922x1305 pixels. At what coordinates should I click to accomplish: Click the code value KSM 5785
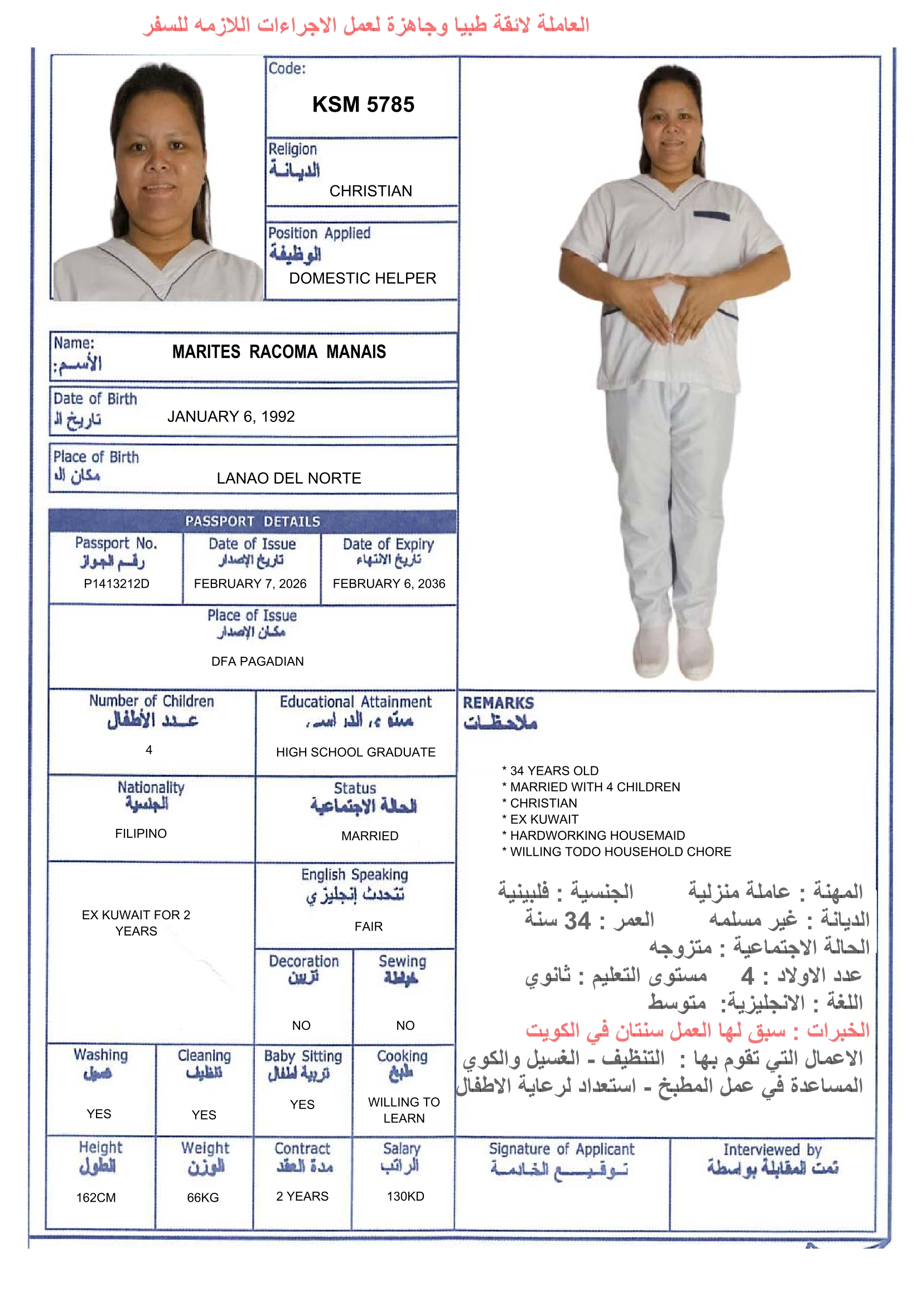pyautogui.click(x=363, y=104)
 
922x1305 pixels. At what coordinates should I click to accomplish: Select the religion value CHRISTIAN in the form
pyautogui.click(x=370, y=191)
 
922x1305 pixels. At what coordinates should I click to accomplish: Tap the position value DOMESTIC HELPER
pyautogui.click(x=363, y=278)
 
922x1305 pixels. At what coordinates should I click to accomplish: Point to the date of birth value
pyautogui.click(x=231, y=416)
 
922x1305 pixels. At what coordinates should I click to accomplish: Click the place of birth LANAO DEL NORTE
pyautogui.click(x=288, y=478)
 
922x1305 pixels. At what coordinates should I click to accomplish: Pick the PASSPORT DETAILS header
pyautogui.click(x=253, y=521)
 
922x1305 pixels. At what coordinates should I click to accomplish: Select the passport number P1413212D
pyautogui.click(x=117, y=584)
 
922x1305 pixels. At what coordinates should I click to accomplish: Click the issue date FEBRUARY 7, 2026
pyautogui.click(x=250, y=584)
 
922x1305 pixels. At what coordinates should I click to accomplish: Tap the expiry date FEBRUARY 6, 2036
pyautogui.click(x=389, y=584)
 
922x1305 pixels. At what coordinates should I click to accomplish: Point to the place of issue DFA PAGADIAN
pyautogui.click(x=257, y=661)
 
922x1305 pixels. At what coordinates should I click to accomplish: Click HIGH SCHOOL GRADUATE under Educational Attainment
pyautogui.click(x=356, y=752)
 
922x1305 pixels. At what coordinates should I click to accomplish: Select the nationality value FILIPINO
pyautogui.click(x=141, y=833)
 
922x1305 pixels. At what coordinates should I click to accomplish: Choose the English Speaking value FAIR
pyautogui.click(x=369, y=927)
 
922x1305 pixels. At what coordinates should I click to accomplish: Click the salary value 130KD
pyautogui.click(x=405, y=1197)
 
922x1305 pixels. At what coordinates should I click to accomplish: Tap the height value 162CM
pyautogui.click(x=96, y=1198)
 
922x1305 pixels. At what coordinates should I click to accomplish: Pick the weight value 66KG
pyautogui.click(x=203, y=1198)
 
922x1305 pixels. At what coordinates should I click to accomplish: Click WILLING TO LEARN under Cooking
pyautogui.click(x=404, y=1110)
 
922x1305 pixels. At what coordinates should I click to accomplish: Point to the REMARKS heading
pyautogui.click(x=498, y=703)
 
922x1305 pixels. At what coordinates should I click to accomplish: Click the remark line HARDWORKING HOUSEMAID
pyautogui.click(x=597, y=836)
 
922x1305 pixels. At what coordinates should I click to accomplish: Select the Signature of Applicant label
pyautogui.click(x=561, y=1149)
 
